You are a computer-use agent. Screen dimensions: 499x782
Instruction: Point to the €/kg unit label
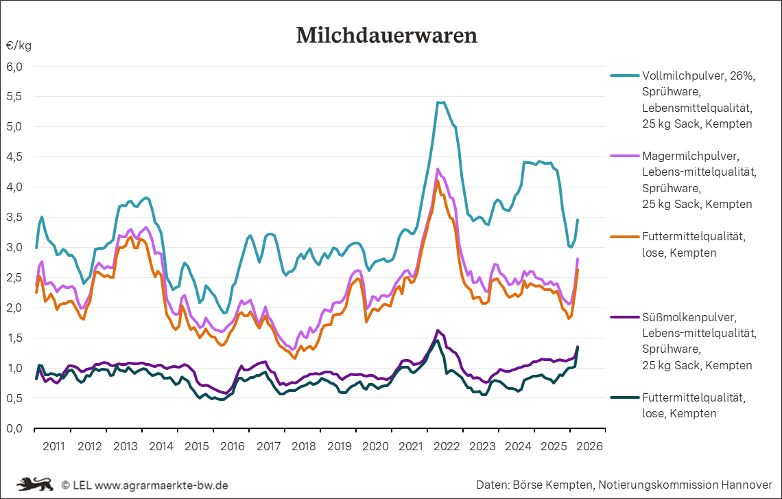click(19, 46)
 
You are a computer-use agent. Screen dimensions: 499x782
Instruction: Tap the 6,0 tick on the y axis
click(15, 67)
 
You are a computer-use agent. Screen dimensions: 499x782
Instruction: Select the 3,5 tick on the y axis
click(15, 217)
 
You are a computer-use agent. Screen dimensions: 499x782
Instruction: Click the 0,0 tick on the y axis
click(15, 428)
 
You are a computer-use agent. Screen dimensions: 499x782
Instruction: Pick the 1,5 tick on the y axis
click(15, 338)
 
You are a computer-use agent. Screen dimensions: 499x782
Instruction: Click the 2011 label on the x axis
click(54, 446)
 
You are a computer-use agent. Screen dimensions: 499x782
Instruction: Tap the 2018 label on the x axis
click(304, 446)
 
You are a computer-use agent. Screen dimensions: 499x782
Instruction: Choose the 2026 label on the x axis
click(589, 446)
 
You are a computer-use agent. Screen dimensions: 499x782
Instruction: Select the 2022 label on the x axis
click(447, 446)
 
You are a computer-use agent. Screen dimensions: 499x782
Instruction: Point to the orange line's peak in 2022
click(438, 181)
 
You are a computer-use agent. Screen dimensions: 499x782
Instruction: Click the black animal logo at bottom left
click(34, 484)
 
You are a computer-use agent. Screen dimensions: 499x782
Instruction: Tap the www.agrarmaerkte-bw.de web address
click(161, 485)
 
